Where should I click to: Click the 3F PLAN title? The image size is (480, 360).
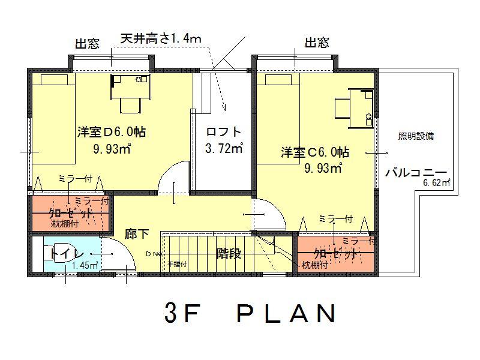click(248, 314)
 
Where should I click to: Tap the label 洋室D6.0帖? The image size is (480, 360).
click(112, 131)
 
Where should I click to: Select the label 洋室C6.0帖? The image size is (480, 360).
click(315, 152)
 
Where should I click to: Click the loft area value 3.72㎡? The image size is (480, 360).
click(224, 148)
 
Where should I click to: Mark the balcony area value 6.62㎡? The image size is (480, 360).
click(437, 183)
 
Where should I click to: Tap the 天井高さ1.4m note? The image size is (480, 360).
click(161, 39)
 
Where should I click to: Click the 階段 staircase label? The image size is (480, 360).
click(229, 254)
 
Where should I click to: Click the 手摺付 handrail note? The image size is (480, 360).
click(176, 263)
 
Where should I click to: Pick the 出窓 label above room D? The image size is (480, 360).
click(87, 43)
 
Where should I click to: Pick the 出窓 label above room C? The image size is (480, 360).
click(316, 43)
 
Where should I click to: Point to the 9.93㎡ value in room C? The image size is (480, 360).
click(323, 168)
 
